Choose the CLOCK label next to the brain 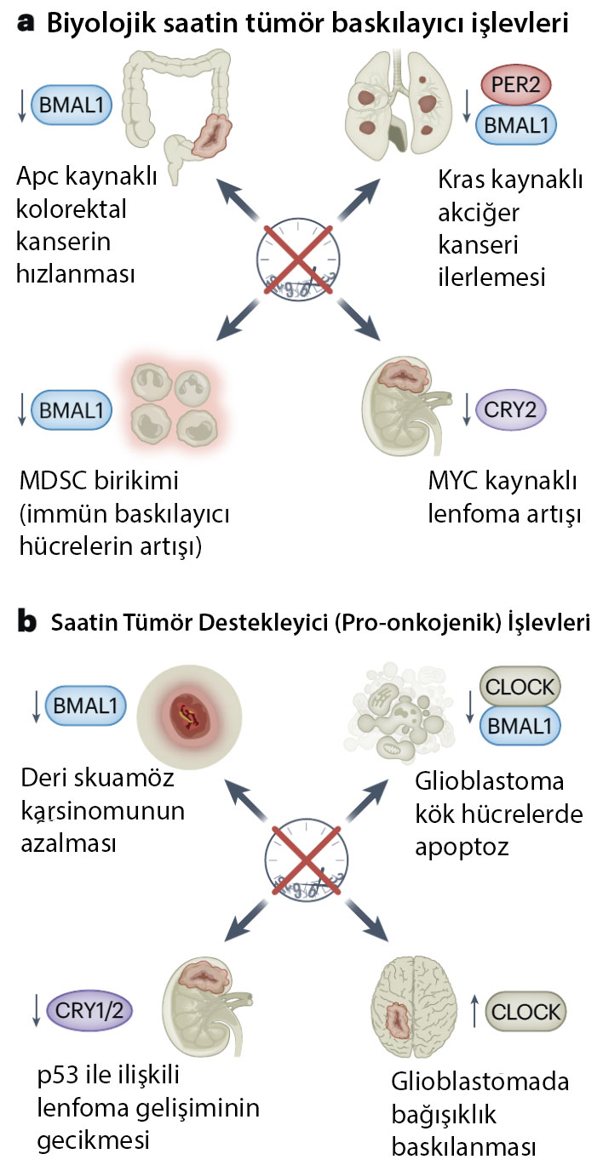click(x=525, y=1011)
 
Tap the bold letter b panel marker click(x=28, y=622)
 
